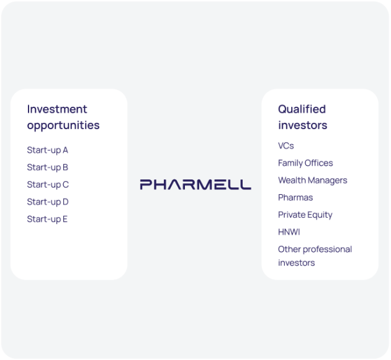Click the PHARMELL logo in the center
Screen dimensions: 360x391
pos(195,184)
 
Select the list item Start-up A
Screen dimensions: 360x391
pos(47,150)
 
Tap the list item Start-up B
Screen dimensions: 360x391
pos(47,168)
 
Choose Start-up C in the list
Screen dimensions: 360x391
pos(48,184)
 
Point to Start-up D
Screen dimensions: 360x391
pos(48,202)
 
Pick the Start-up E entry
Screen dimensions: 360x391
pos(47,219)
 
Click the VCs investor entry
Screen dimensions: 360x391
pos(285,146)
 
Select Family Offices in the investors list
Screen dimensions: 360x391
pos(305,163)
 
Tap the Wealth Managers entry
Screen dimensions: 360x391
pos(312,181)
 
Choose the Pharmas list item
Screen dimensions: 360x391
pos(295,197)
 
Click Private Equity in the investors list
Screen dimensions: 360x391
pos(305,215)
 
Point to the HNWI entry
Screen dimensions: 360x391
pos(289,232)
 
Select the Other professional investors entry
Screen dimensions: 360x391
pos(315,256)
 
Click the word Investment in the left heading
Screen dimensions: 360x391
pos(57,109)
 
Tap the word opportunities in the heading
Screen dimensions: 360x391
pos(63,125)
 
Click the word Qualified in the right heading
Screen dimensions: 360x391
pos(302,109)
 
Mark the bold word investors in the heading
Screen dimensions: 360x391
pos(302,125)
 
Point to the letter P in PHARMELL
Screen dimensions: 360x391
pos(146,184)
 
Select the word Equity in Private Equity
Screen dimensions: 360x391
pos(320,215)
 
